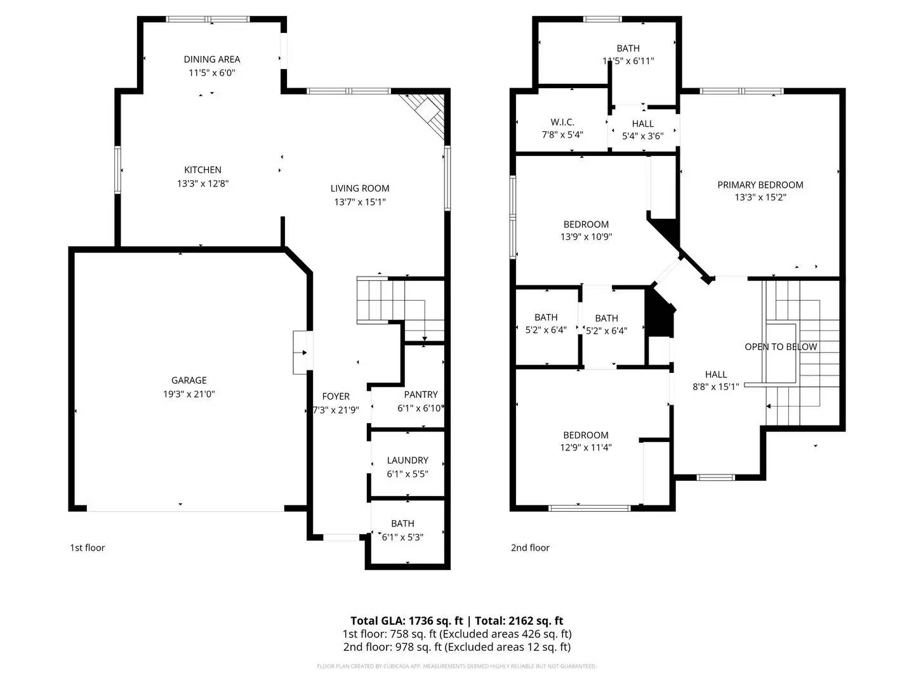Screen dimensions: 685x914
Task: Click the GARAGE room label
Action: click(189, 380)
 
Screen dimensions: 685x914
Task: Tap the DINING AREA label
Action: click(212, 59)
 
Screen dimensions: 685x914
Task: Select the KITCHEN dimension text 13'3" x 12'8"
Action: click(202, 183)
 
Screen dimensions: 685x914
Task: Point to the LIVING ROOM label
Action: click(360, 188)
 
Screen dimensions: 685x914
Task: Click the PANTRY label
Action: click(421, 394)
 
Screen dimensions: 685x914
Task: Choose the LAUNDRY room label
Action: click(407, 460)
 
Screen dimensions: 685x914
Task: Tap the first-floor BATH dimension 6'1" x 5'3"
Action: click(402, 537)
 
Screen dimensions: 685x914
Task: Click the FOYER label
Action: click(336, 396)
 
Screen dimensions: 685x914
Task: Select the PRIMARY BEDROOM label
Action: click(760, 185)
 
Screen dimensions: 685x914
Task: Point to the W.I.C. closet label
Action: click(562, 122)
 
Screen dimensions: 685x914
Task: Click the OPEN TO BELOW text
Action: click(781, 346)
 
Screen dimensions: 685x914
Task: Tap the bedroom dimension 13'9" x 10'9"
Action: click(586, 237)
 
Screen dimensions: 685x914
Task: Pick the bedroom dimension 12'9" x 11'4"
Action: click(586, 447)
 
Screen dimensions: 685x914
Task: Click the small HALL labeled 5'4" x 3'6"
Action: click(643, 124)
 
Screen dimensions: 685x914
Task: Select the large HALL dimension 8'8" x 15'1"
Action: click(716, 386)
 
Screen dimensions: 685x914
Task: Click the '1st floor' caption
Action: click(87, 547)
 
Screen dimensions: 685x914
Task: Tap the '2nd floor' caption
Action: click(530, 547)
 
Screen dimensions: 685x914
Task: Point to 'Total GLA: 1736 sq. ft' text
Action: click(406, 621)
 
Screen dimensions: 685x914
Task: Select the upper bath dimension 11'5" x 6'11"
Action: click(628, 61)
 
